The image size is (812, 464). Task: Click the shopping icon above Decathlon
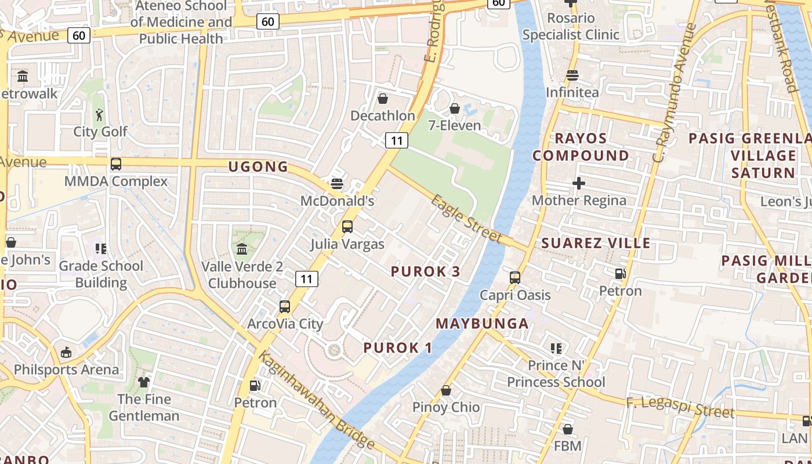click(x=383, y=99)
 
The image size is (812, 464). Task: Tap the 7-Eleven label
click(x=455, y=125)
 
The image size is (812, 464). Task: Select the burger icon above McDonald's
click(x=337, y=184)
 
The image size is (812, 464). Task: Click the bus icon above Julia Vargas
click(x=347, y=227)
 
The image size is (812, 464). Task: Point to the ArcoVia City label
click(x=285, y=324)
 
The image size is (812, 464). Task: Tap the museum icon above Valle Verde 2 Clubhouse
click(x=242, y=249)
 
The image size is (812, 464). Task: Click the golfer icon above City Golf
click(x=100, y=114)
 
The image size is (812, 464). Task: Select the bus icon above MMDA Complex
click(x=116, y=164)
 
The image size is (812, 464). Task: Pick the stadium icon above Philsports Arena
click(x=66, y=353)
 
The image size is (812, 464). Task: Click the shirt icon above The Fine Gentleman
click(x=144, y=382)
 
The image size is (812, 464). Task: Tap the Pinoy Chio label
click(x=446, y=407)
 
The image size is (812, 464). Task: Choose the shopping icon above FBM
click(x=568, y=430)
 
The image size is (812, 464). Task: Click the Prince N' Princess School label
click(x=556, y=374)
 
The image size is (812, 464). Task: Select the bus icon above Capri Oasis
click(x=515, y=278)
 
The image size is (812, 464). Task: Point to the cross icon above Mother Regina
click(x=578, y=183)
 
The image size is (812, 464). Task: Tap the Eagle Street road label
click(x=466, y=219)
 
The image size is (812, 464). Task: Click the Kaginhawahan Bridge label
click(x=316, y=400)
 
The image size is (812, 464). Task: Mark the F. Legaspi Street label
click(x=680, y=406)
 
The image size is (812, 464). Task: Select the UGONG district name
click(x=258, y=167)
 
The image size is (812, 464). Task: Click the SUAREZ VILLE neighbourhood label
click(x=596, y=243)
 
